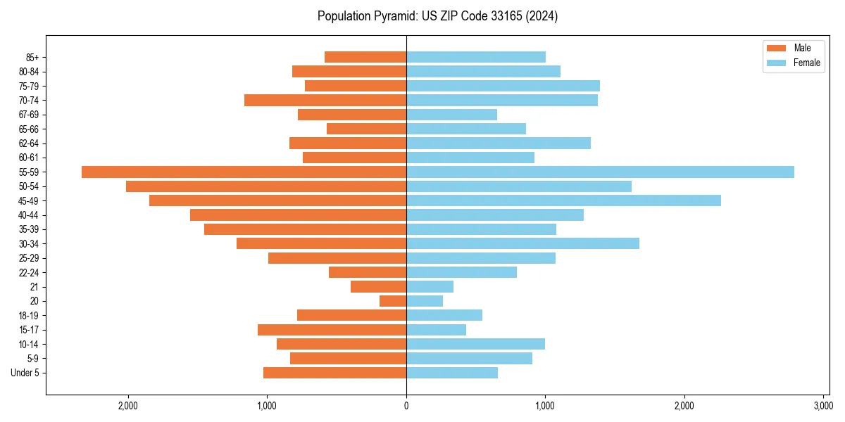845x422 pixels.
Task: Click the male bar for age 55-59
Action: [x=244, y=172]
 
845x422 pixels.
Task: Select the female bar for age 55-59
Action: [x=600, y=172]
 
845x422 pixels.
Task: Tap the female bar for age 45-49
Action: [x=563, y=200]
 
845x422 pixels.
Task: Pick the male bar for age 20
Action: [x=393, y=301]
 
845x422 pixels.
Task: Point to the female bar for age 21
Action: [x=430, y=286]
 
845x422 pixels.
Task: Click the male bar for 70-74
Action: [x=325, y=100]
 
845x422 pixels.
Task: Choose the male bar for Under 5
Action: [x=334, y=373]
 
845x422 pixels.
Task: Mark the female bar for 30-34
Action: [x=522, y=243]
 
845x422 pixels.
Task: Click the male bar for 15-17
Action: [x=332, y=330]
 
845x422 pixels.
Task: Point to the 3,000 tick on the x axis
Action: [x=823, y=406]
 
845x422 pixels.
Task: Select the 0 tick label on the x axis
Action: [x=406, y=406]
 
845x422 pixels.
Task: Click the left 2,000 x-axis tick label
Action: [x=128, y=406]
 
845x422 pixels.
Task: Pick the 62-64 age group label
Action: [x=29, y=143]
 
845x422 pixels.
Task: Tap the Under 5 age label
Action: [x=25, y=373]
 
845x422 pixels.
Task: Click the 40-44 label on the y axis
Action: [x=29, y=215]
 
